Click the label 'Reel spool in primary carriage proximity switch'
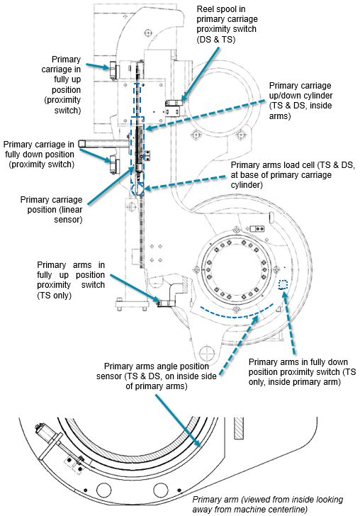coord(227,24)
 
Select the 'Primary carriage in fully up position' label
coord(61,84)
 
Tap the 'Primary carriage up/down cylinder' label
coord(300,101)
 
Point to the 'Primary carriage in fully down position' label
coord(39,155)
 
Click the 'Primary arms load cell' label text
coord(293,175)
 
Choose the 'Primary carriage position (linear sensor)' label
coord(51,210)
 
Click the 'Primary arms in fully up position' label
coord(71,280)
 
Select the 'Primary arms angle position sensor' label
coord(157,376)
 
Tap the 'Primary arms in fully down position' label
coord(302,372)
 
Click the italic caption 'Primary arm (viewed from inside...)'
coord(268,504)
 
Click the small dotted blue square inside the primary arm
coord(283,284)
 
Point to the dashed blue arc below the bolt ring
coord(236,316)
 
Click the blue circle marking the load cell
coord(136,189)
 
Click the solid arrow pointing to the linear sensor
coord(111,185)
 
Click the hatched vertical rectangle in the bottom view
coord(239,428)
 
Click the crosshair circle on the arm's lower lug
coord(207,354)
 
